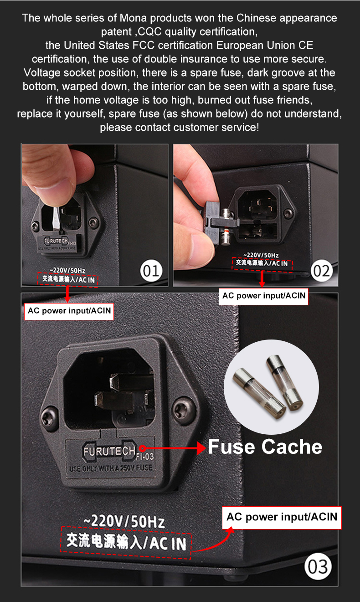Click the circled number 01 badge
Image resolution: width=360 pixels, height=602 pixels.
point(151,271)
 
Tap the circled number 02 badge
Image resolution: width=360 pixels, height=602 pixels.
point(322,271)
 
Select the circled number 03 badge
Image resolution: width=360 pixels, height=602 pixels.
point(318,566)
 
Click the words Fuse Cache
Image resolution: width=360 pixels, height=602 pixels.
point(265,447)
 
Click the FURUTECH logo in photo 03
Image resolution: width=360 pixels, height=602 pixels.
point(109,451)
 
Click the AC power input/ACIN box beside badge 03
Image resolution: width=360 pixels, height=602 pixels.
point(282,518)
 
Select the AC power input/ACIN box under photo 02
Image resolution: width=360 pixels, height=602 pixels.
point(263,296)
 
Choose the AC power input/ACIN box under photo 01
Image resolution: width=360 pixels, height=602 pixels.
point(69,311)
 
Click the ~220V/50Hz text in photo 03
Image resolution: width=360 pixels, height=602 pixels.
point(124,521)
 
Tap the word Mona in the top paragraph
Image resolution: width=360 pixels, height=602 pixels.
point(133,18)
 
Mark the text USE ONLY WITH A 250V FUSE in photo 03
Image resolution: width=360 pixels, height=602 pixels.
point(111,468)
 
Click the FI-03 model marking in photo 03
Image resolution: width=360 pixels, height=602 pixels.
point(145,456)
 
